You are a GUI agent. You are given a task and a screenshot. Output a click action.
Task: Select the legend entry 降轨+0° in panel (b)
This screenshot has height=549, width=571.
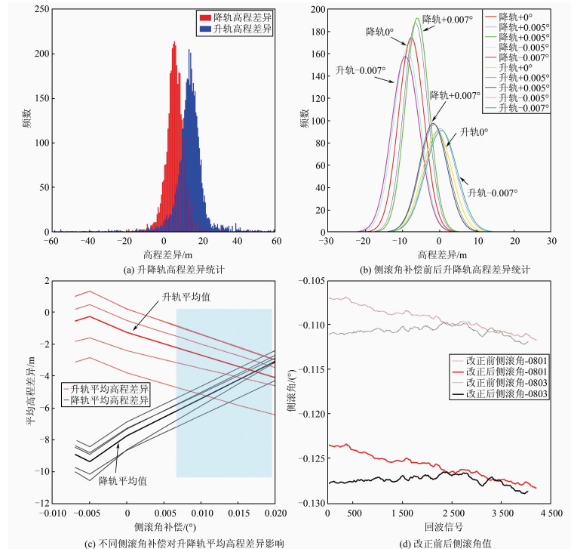point(519,16)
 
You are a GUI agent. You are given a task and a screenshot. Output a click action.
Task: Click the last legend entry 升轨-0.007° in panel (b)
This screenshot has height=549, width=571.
point(524,107)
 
